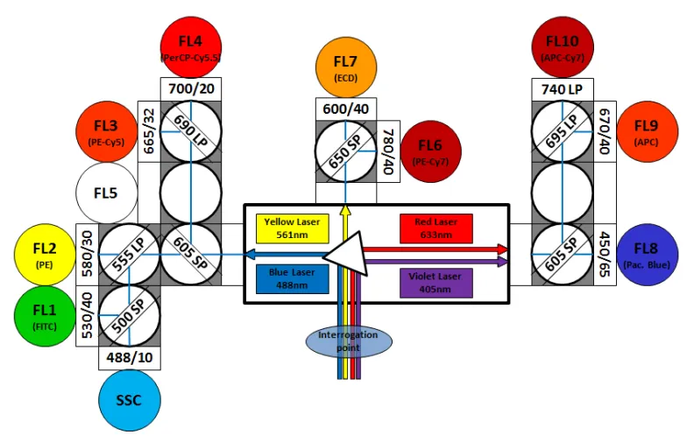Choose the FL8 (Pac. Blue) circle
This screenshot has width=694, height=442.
pos(648,253)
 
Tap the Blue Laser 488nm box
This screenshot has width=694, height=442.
pos(292,277)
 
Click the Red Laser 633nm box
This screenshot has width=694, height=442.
pos(436,228)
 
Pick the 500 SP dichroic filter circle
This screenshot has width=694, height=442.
pos(131,315)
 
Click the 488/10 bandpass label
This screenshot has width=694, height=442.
pos(131,358)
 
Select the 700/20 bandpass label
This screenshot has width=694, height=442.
pos(193,88)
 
